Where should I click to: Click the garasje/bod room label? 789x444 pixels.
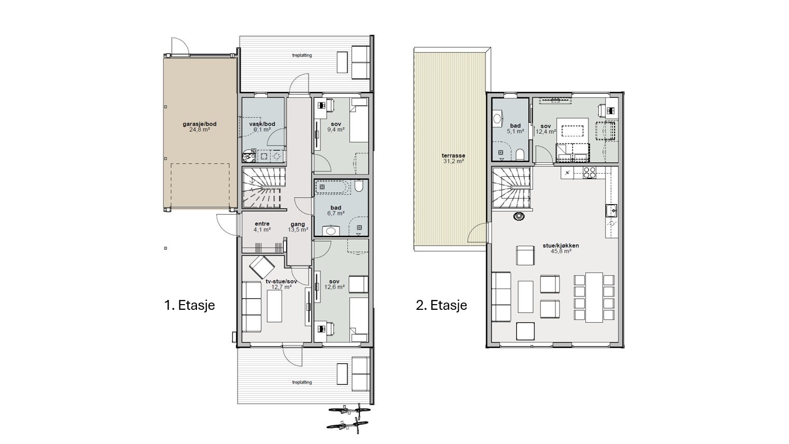click(x=200, y=124)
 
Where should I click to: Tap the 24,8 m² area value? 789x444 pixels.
click(x=200, y=130)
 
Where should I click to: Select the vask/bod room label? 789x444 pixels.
click(x=262, y=124)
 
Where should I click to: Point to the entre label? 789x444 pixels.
click(x=262, y=224)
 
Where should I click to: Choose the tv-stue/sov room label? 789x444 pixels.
click(x=281, y=281)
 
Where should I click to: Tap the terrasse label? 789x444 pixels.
click(x=453, y=155)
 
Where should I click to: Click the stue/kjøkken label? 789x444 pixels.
click(x=561, y=246)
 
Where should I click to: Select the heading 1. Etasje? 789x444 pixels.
click(x=190, y=305)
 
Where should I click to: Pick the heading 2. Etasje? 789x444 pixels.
click(x=441, y=305)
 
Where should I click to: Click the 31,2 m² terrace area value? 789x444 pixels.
click(x=454, y=161)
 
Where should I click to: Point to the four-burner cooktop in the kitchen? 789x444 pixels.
click(x=589, y=172)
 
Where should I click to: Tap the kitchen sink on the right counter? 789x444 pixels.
click(x=612, y=210)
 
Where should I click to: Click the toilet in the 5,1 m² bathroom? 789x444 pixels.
click(x=520, y=154)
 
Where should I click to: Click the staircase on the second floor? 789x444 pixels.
click(x=511, y=188)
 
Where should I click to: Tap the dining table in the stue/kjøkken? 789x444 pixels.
click(x=594, y=297)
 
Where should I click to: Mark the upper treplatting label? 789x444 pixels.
click(x=302, y=55)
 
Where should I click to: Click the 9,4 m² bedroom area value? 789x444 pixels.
click(x=336, y=130)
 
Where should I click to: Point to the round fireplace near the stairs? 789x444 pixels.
click(x=519, y=217)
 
